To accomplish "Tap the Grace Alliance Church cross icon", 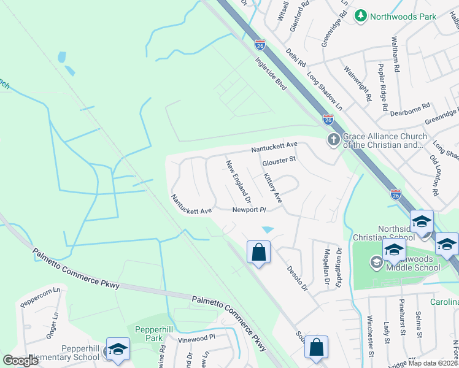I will click(333, 140).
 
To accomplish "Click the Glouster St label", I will click(279, 161).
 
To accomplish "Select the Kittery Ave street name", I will click(272, 188).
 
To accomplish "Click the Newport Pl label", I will click(248, 210).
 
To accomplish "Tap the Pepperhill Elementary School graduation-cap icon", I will click(118, 350).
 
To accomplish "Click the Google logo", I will click(20, 361).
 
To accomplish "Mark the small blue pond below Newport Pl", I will click(268, 230).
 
